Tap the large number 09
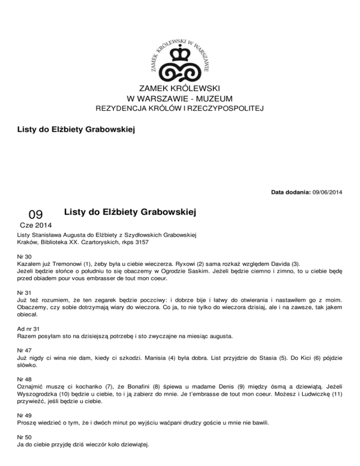[x=36, y=215]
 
